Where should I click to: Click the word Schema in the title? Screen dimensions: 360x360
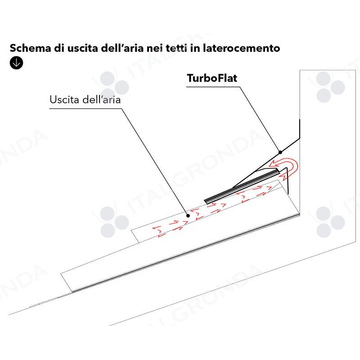30,48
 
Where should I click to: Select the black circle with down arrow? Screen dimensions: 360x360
16,63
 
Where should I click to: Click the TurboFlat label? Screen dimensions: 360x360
212,78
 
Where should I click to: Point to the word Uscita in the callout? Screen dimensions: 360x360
65,99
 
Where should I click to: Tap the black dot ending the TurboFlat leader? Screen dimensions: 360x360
280,152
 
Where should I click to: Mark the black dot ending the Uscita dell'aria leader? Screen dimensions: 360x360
188,216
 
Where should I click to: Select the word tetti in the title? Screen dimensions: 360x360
176,48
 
